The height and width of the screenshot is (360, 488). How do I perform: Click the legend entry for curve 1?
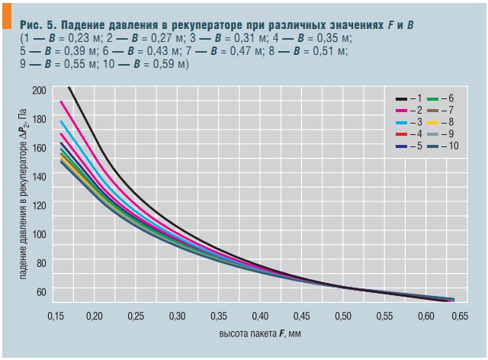pos(409,99)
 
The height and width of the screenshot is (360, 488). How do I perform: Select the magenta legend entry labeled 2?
pos(409,111)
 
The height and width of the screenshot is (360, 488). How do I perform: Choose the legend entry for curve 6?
pos(441,99)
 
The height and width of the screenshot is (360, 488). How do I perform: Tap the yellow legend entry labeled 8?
pos(441,122)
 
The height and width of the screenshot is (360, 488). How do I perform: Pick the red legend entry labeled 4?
pos(409,133)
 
